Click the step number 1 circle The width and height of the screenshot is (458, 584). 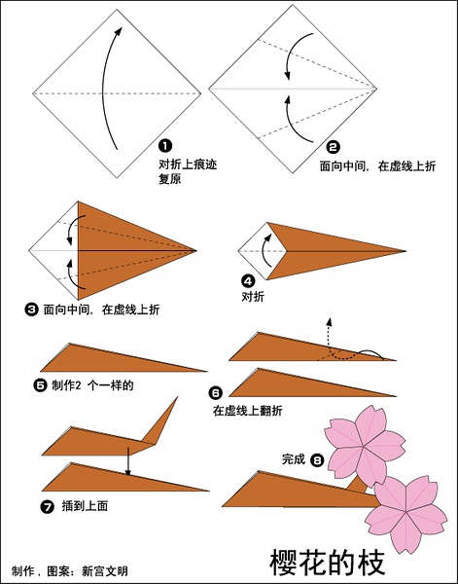pyautogui.click(x=165, y=145)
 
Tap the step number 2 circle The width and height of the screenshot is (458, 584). pyautogui.click(x=333, y=148)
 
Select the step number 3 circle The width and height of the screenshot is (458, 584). pyautogui.click(x=31, y=310)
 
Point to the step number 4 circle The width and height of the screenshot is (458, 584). pyautogui.click(x=248, y=281)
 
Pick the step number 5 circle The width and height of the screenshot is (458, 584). pyautogui.click(x=40, y=385)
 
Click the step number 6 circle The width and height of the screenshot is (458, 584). pyautogui.click(x=216, y=393)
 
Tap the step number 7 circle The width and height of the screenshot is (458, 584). pyautogui.click(x=48, y=507)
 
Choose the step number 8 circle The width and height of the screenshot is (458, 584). pyautogui.click(x=317, y=460)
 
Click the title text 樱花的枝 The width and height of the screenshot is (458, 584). pyautogui.click(x=327, y=563)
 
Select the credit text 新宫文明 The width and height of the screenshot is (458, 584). pyautogui.click(x=105, y=571)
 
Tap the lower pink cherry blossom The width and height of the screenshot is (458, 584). pyautogui.click(x=406, y=514)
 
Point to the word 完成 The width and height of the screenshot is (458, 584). pyautogui.click(x=294, y=459)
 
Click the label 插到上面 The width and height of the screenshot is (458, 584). pyautogui.click(x=85, y=506)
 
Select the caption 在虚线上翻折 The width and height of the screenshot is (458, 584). pyautogui.click(x=247, y=411)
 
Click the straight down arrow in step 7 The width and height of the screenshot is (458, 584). pyautogui.click(x=128, y=461)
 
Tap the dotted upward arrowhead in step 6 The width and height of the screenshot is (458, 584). pyautogui.click(x=329, y=322)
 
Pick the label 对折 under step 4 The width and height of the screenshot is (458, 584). pyautogui.click(x=253, y=297)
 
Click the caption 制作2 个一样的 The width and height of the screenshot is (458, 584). pyautogui.click(x=92, y=385)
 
